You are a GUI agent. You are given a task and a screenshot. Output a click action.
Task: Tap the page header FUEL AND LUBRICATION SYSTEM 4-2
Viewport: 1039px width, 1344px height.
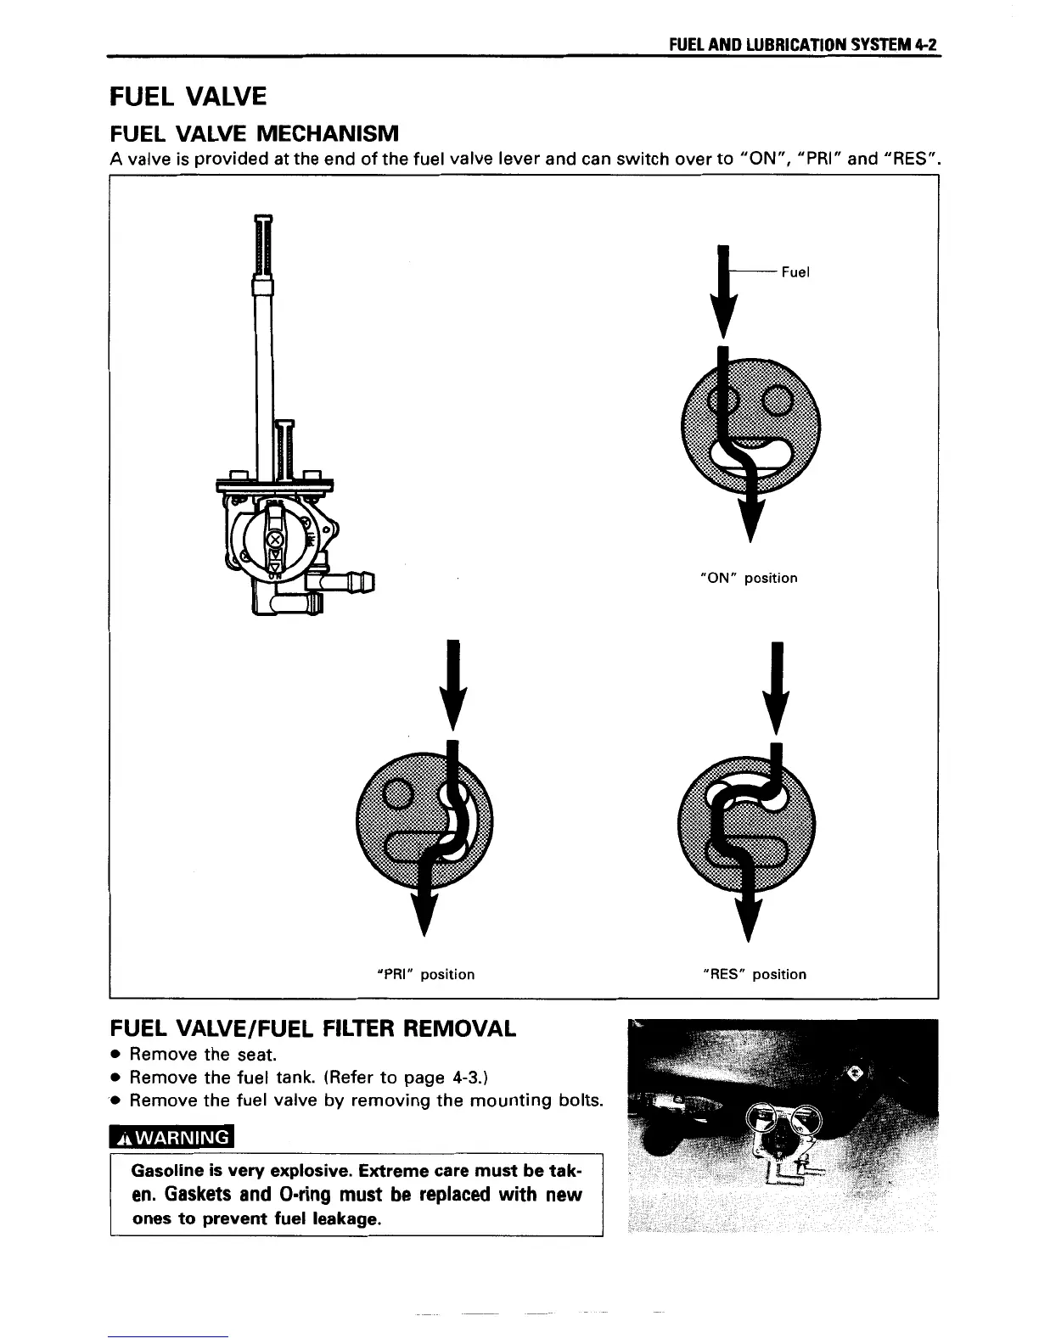pyautogui.click(x=802, y=45)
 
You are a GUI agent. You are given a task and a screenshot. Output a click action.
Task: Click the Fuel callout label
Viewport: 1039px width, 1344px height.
pyautogui.click(x=795, y=272)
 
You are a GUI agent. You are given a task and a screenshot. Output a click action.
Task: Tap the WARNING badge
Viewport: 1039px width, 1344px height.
pyautogui.click(x=172, y=1137)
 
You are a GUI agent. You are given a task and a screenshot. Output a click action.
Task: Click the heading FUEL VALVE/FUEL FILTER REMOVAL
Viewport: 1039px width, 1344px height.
pyautogui.click(x=312, y=1029)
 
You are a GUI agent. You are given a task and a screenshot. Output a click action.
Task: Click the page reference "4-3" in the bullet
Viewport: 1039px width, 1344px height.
pyautogui.click(x=468, y=1078)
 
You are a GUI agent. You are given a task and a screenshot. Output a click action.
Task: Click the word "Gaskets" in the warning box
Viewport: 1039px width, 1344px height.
pyautogui.click(x=199, y=1195)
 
